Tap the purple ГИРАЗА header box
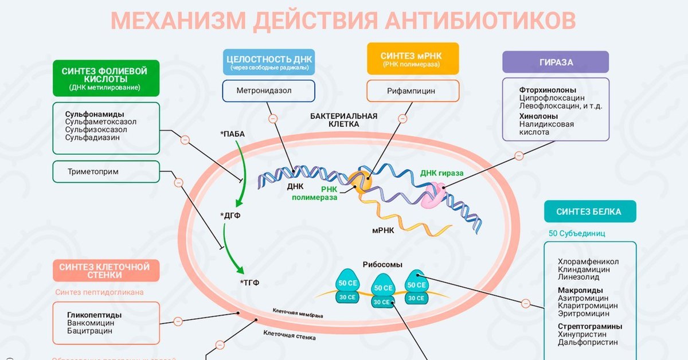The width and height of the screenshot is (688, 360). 556,62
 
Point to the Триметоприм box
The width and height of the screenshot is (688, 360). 105,171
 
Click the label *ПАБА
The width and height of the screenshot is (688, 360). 232,134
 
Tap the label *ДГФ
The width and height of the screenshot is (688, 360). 230,216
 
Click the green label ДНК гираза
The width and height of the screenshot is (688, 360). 441,173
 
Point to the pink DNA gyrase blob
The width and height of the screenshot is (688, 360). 433,195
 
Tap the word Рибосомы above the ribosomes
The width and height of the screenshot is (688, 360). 382,265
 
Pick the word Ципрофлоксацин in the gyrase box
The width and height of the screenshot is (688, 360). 552,98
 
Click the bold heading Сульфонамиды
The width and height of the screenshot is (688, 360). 95,114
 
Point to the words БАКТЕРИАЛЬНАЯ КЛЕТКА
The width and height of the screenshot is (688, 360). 344,119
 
